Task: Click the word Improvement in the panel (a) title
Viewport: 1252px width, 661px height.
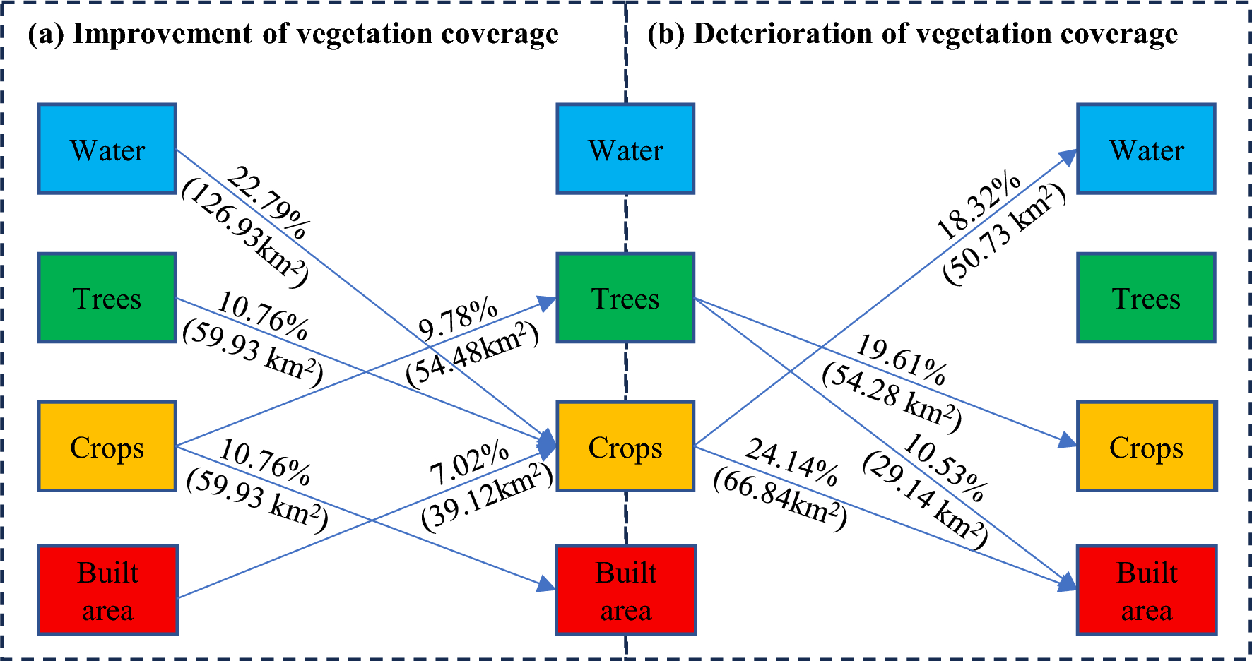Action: point(162,34)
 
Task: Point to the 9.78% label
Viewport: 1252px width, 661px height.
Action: point(458,319)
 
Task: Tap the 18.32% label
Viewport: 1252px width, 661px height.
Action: point(979,206)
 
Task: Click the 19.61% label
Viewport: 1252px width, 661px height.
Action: point(901,360)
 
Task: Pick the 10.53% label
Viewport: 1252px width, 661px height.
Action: point(945,468)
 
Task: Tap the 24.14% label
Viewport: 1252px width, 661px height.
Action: point(792,462)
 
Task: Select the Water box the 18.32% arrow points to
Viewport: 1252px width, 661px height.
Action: point(1146,149)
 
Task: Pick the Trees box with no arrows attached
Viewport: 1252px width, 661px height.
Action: point(1146,298)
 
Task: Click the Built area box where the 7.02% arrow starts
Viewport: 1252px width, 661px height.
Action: point(107,590)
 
